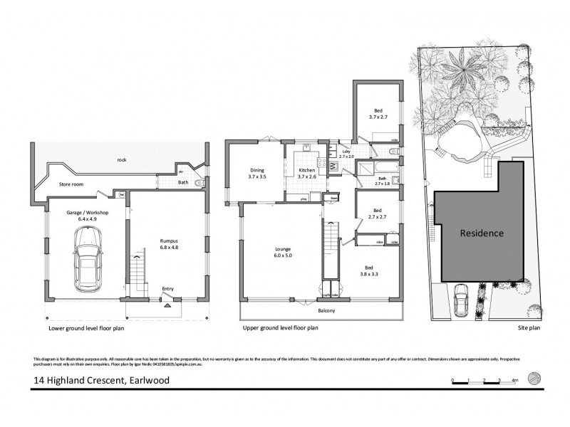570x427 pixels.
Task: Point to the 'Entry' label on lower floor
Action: pyautogui.click(x=167, y=288)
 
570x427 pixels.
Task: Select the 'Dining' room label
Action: pyautogui.click(x=257, y=170)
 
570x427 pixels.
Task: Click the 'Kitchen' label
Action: pyautogui.click(x=306, y=170)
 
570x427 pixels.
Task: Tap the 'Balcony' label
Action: pyautogui.click(x=326, y=310)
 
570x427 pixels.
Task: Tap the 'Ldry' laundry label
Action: pyautogui.click(x=346, y=151)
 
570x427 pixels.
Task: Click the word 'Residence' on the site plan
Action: pyautogui.click(x=481, y=233)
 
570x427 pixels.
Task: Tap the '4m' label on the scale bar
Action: pyautogui.click(x=514, y=380)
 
